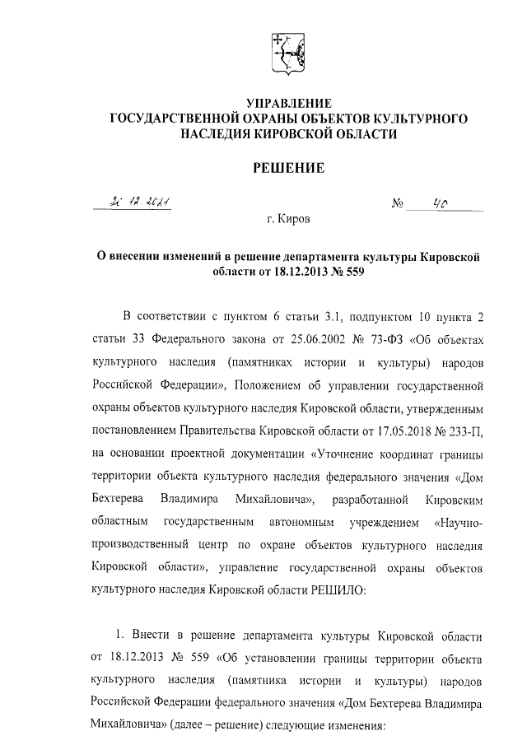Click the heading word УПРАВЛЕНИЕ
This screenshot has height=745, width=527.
[288, 104]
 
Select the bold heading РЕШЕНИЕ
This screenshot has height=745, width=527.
[288, 168]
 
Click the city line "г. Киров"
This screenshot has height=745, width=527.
[288, 221]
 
